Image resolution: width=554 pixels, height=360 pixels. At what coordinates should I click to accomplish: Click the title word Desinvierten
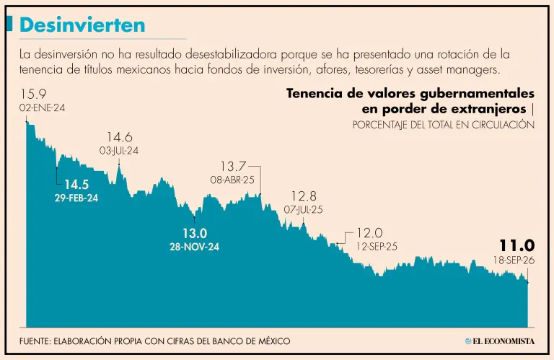point(82,25)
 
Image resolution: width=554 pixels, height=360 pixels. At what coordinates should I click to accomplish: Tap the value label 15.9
point(33,94)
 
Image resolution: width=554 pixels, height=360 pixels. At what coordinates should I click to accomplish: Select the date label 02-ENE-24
point(42,107)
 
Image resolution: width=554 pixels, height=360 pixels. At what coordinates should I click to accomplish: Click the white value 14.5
point(76,185)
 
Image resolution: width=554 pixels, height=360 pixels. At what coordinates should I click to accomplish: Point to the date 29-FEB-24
point(76,198)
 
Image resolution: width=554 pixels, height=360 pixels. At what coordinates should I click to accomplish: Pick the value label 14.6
point(120,137)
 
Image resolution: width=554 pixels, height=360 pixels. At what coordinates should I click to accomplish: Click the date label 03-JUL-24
point(119,151)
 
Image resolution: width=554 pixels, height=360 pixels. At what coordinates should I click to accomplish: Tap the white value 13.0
point(195,233)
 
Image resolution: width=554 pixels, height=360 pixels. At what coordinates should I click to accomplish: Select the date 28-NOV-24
point(194,247)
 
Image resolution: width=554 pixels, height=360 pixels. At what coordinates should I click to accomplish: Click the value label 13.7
point(233,166)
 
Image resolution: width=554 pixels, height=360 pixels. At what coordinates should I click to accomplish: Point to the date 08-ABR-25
point(232,180)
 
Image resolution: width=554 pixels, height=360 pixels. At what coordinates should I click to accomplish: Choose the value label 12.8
point(304,196)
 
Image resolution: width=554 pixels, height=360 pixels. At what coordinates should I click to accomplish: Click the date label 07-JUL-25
point(303,210)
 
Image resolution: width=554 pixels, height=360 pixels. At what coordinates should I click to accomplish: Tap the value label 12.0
point(369,233)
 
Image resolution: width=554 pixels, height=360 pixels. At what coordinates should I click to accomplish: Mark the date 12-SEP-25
point(377,247)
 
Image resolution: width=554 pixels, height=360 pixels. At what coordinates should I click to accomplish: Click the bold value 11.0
point(517,245)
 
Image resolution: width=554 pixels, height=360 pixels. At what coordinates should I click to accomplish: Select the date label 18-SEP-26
point(514,260)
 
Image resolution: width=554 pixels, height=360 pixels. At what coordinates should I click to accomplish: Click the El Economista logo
point(500,341)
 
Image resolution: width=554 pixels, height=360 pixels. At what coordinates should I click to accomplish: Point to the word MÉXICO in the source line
point(274,341)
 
